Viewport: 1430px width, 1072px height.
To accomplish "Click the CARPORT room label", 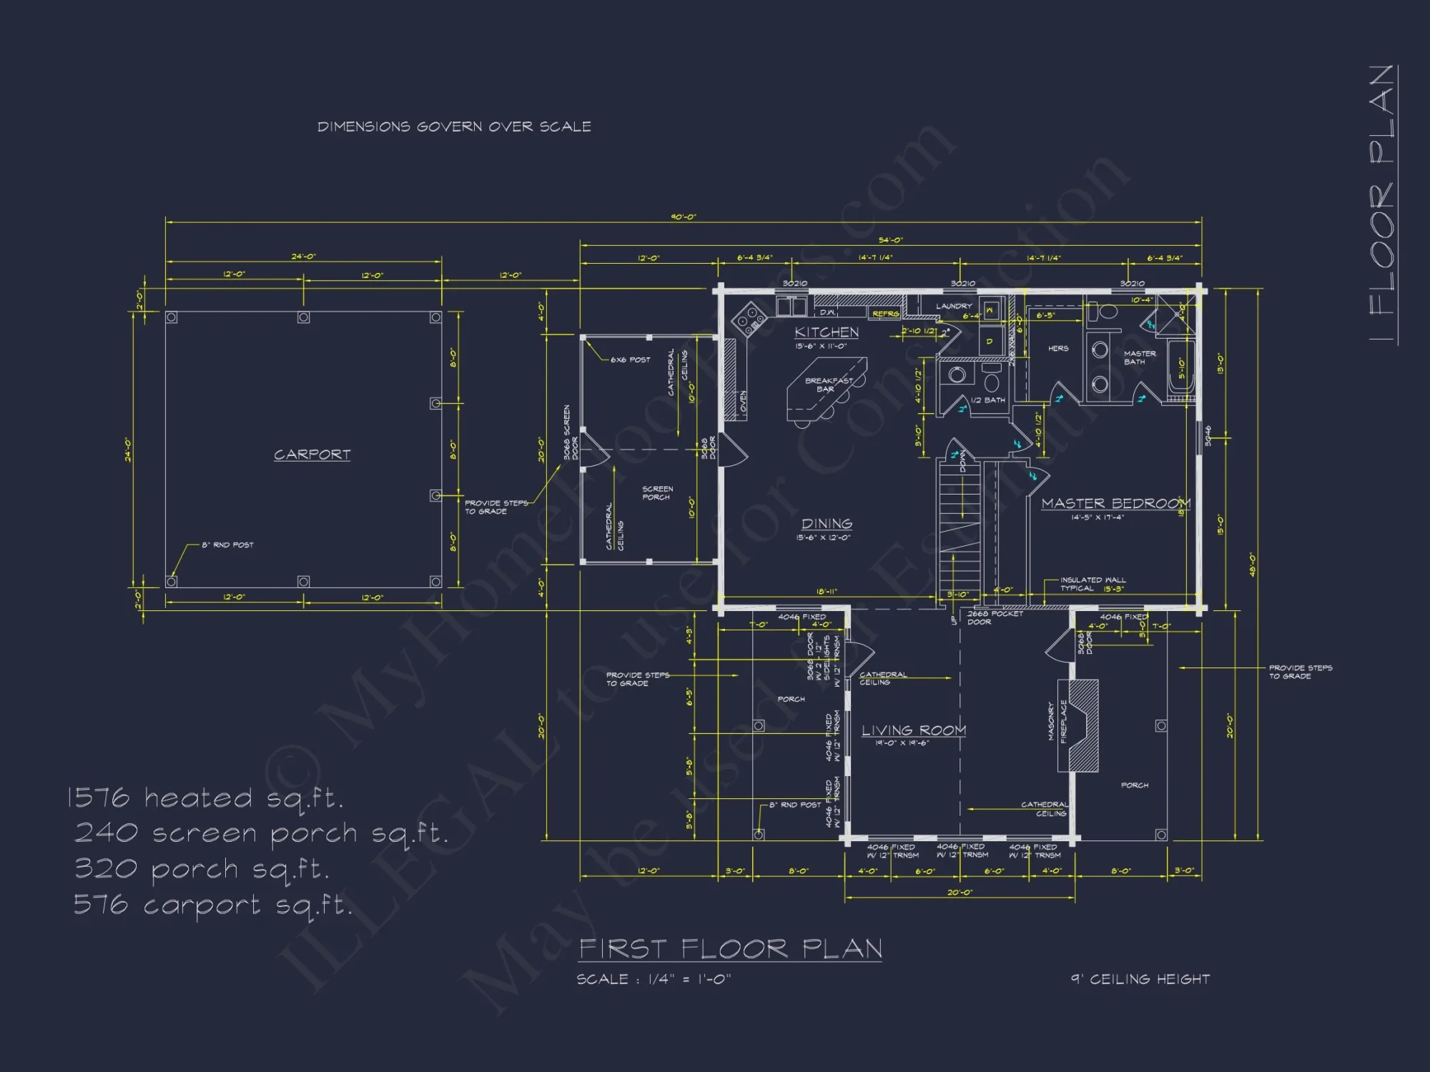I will coord(312,455).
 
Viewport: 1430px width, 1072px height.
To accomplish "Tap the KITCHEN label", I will coord(827,332).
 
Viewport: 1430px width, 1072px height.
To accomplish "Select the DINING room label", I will coord(827,524).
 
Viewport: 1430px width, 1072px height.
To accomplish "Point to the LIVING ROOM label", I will coord(913,730).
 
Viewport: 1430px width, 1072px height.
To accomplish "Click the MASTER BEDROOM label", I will coord(1115,504).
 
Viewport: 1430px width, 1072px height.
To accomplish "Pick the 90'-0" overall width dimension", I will coord(683,217).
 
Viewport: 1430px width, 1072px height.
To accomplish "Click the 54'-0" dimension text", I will coord(890,240).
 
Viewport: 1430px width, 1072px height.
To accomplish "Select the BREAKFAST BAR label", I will coord(828,384).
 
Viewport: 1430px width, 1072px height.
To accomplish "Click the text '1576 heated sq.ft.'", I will coord(205,798).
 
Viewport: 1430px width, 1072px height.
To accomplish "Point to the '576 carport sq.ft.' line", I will coord(213,905).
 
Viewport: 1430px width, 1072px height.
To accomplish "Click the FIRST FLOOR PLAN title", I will coord(730,949).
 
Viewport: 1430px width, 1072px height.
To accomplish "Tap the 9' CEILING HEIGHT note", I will coord(1140,979).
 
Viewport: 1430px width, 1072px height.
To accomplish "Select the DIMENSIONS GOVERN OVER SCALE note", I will coord(454,126).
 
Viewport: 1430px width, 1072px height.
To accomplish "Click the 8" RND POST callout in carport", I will coord(227,545).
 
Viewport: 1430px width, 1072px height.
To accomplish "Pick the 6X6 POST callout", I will coord(630,360).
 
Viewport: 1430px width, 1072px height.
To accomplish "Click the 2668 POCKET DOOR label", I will coord(994,617).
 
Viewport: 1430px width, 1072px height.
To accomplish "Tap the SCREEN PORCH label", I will coord(656,493).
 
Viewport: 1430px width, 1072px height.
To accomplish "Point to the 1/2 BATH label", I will coord(987,400).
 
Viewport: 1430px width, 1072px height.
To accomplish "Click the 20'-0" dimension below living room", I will coord(960,893).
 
